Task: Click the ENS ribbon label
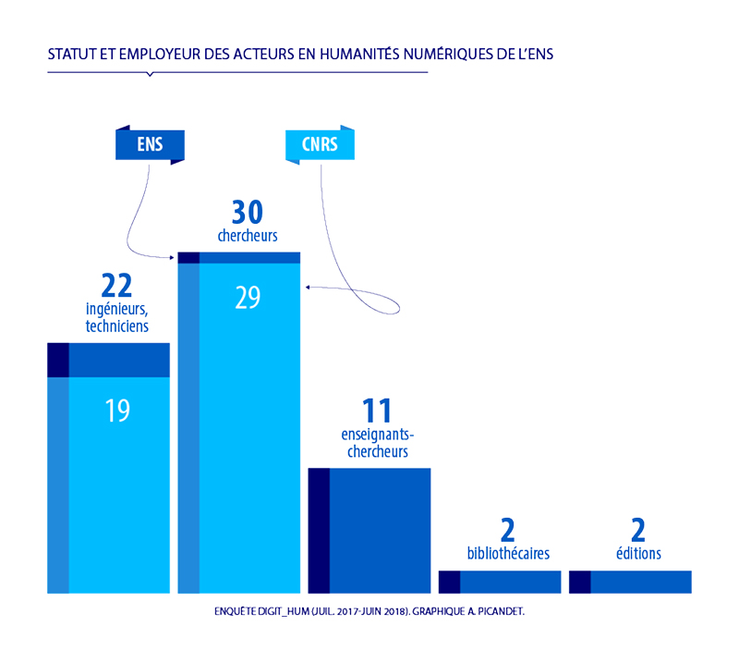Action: pos(150,144)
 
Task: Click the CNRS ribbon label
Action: pos(320,144)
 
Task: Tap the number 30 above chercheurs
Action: pos(248,214)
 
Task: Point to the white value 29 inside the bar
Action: pos(248,298)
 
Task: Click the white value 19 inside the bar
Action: pos(117,411)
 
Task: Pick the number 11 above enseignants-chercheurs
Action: pos(377,411)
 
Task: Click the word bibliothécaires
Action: pos(508,554)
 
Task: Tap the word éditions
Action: pos(638,554)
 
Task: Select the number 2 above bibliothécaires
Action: pos(507,531)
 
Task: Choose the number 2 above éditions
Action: pos(638,531)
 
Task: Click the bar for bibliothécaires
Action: pos(500,582)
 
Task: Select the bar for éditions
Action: pos(630,582)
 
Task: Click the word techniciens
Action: pos(117,326)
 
